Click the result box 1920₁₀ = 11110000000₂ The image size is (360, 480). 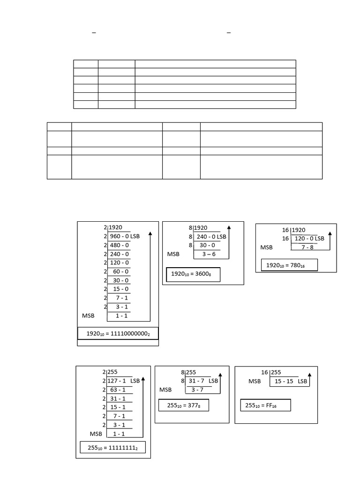(x=118, y=333)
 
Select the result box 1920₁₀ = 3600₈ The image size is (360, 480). (x=193, y=274)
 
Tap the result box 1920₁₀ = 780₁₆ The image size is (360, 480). (x=289, y=265)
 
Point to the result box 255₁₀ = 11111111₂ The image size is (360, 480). (x=112, y=448)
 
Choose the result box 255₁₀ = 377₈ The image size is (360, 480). (x=183, y=405)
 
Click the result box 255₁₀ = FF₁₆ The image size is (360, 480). (x=266, y=405)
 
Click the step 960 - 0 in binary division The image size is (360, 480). (x=119, y=236)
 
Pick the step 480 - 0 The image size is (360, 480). (x=119, y=245)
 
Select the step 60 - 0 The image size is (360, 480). (x=119, y=271)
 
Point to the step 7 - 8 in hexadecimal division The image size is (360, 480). (x=307, y=247)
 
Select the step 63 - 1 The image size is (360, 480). (x=118, y=390)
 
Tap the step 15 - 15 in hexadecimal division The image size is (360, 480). (x=284, y=381)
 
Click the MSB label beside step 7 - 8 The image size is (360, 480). (x=267, y=247)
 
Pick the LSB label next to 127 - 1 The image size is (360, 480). (x=135, y=381)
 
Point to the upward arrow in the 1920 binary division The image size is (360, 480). (x=150, y=277)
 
